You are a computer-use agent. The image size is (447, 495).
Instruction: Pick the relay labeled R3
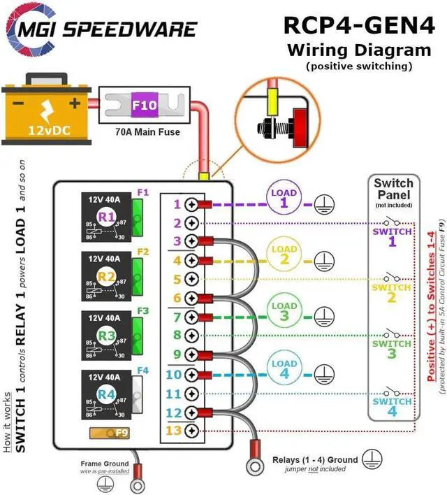[105, 336]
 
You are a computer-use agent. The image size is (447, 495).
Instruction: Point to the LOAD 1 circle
[284, 198]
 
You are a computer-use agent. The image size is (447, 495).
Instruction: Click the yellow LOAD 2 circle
[284, 254]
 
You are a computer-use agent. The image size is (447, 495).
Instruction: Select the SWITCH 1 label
[392, 236]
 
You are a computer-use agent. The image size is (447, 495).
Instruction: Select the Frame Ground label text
[105, 463]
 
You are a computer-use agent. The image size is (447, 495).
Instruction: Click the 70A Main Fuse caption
[147, 131]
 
